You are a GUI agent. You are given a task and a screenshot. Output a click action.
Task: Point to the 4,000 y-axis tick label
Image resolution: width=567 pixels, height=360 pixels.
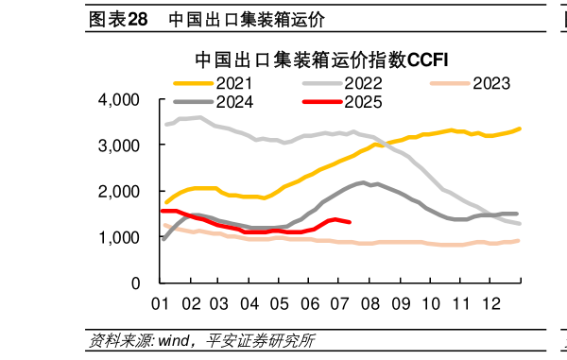pos(119,100)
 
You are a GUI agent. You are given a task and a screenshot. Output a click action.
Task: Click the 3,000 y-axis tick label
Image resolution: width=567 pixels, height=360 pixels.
pos(119,146)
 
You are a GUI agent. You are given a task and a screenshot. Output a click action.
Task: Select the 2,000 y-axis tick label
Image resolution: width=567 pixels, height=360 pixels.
pos(119,192)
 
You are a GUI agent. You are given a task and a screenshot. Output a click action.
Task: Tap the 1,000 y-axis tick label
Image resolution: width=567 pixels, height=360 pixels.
pos(119,238)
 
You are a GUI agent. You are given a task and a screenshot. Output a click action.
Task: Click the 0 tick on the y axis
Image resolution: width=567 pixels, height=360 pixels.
pos(135,283)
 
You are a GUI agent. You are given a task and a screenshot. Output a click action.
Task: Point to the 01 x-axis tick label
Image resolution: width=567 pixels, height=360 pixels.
pos(161,304)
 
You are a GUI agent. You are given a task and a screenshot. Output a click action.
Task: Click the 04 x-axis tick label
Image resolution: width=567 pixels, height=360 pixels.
pos(250,304)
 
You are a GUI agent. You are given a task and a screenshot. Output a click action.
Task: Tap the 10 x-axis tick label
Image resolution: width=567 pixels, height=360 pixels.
pos(430,304)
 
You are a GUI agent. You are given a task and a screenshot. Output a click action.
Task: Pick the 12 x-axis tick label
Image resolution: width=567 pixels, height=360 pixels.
pos(490,304)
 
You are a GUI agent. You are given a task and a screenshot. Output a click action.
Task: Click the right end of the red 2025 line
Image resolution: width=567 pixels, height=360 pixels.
pos(351,222)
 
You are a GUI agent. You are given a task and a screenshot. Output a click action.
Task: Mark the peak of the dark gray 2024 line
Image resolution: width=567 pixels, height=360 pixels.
pos(364,182)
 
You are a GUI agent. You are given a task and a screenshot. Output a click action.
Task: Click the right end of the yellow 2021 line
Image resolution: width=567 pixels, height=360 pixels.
pos(520,129)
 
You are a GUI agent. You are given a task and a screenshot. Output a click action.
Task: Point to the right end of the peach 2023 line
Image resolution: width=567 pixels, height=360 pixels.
pos(518,241)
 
